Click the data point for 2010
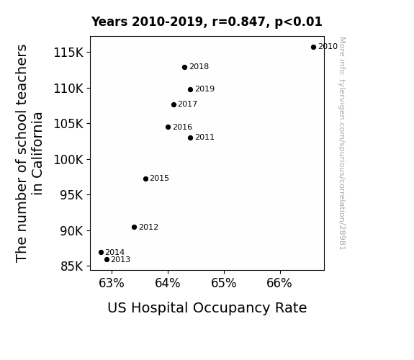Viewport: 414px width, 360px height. (313, 47)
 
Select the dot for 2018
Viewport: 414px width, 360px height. (184, 68)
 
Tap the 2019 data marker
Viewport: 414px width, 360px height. (190, 89)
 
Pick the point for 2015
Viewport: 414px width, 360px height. (145, 179)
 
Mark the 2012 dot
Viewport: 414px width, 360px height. (134, 227)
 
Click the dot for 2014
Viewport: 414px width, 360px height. (101, 253)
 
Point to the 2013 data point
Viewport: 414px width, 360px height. (107, 260)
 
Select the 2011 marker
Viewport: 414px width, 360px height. (190, 138)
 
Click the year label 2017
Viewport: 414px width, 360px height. (187, 104)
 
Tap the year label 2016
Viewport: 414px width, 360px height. (182, 127)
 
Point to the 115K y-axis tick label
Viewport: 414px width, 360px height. (68, 53)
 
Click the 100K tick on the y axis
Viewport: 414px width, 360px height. (68, 160)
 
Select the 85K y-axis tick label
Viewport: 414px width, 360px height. (72, 266)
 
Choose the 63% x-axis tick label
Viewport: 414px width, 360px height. (112, 283)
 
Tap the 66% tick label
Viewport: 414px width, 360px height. (279, 283)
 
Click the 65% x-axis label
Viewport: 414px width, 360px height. (224, 283)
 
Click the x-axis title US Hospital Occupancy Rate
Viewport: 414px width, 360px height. (207, 308)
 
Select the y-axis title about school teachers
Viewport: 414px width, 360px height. (29, 153)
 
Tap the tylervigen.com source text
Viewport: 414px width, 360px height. (342, 143)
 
